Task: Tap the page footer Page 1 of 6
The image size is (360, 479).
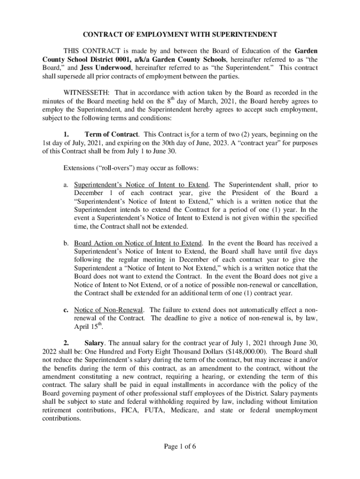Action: (180, 446)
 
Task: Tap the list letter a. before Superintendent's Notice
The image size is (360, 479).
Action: (66, 185)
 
